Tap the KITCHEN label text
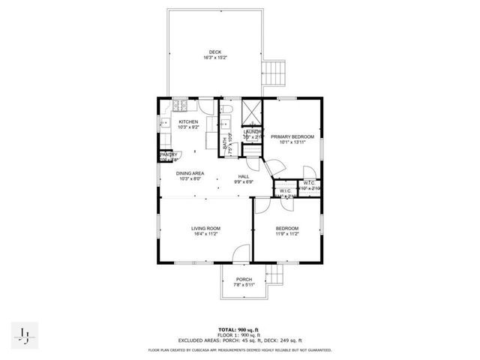tap(187, 121)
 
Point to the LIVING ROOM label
tap(205, 228)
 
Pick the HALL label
tap(244, 176)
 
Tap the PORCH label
tap(244, 280)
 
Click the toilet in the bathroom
tap(229, 112)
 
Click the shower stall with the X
tap(252, 111)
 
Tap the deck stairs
tap(270, 73)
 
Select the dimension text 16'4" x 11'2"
tap(205, 234)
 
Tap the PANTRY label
tap(167, 154)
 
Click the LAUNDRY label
tap(252, 132)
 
